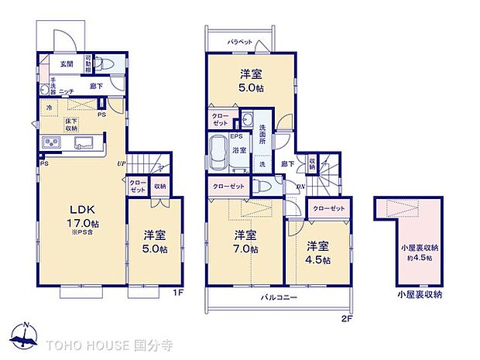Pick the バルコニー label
click(275, 297)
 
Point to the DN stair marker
click(300, 187)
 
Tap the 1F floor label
click(177, 292)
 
